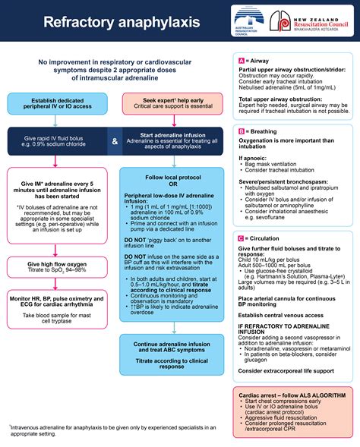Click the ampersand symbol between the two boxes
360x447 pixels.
pyautogui.click(x=113, y=141)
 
